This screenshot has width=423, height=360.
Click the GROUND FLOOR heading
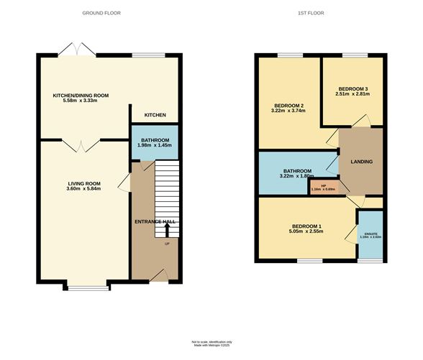pos(101,13)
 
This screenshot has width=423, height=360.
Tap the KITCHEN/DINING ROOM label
pos(80,95)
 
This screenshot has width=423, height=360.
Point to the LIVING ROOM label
pos(79,183)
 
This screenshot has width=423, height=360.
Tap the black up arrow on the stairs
pos(168,230)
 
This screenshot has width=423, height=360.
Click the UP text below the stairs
pos(167,244)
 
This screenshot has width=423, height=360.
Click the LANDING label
pos(361,162)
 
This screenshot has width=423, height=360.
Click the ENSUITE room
pos(370,234)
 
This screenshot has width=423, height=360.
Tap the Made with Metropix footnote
pos(211,346)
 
